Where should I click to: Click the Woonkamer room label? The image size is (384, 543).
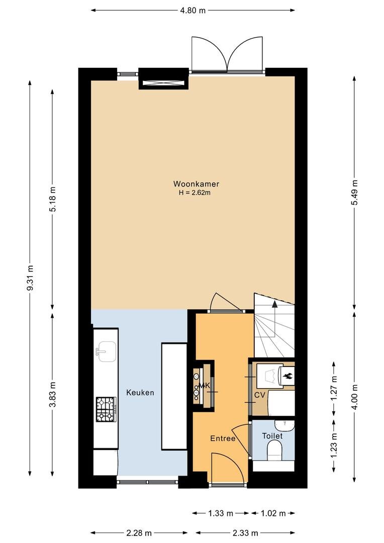(196, 184)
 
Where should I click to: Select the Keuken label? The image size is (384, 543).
(140, 393)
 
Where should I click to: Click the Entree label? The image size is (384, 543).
(223, 438)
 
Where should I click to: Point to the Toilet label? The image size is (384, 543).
(272, 436)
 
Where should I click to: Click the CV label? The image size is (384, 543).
(259, 395)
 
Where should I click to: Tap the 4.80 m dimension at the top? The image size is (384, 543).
(193, 10)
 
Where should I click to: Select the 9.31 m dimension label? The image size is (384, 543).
(30, 278)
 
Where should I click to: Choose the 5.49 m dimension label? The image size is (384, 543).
(354, 192)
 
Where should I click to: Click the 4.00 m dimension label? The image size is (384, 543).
(354, 396)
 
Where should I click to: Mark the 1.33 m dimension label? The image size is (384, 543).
(221, 513)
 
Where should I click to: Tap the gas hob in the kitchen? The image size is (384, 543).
(106, 409)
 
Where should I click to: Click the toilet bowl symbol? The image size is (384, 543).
(275, 450)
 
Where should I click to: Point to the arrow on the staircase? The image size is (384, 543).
(274, 303)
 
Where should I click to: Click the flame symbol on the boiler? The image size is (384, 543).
(287, 375)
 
